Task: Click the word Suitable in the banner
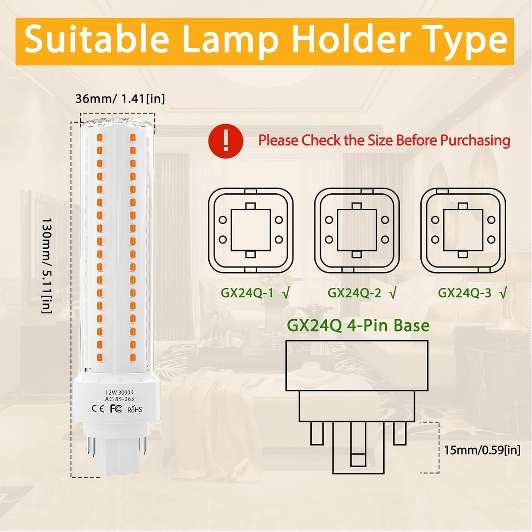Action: (96, 41)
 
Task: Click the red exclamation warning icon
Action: (226, 141)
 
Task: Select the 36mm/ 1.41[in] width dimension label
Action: (120, 98)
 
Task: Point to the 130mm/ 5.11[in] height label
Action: (47, 266)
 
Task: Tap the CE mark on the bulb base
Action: (98, 409)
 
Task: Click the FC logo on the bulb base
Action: (116, 408)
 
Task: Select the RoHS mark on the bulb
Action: (135, 409)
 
